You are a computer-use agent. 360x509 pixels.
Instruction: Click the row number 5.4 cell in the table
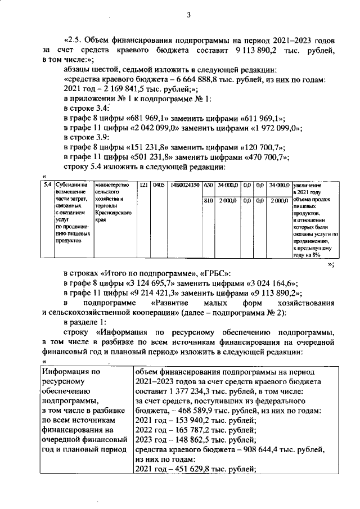[x=48, y=184]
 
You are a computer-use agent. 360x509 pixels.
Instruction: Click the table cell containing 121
[x=143, y=184]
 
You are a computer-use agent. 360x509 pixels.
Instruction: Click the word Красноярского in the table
[x=113, y=214]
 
